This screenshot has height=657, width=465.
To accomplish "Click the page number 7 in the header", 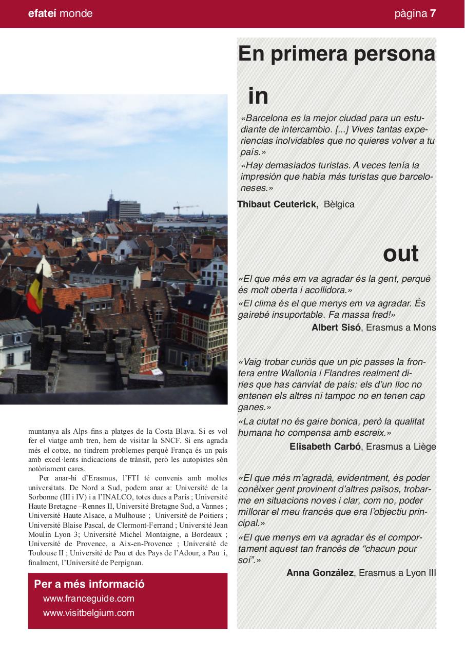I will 433,14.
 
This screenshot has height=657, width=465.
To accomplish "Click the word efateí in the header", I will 43,14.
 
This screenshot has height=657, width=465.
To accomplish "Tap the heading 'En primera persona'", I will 336,54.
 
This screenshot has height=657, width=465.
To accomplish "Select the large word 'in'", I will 258,96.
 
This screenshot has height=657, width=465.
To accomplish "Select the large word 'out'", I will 400,254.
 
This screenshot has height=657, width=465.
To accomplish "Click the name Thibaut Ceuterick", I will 278,204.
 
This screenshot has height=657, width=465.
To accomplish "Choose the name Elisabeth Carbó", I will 325,447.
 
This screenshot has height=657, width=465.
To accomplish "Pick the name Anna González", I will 320,573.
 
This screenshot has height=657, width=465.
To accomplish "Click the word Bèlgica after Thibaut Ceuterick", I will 339,204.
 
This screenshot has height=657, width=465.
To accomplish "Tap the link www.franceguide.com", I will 89,598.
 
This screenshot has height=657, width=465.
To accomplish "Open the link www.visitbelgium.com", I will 89,613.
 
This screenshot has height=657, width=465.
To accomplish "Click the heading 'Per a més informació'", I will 89,584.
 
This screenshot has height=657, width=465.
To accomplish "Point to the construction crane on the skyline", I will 184,208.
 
